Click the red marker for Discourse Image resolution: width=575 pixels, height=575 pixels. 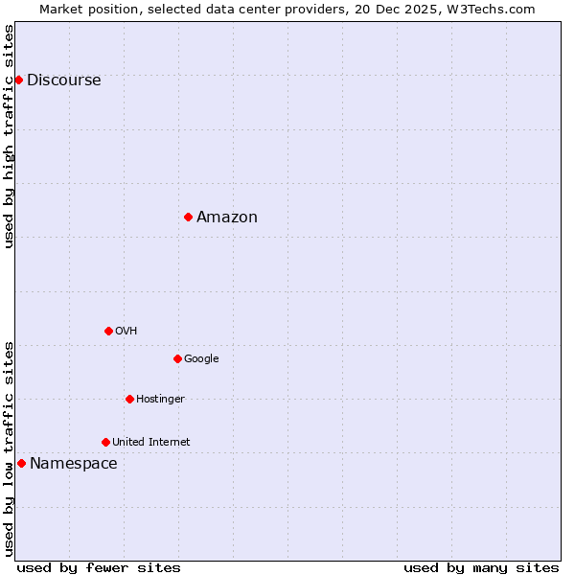click(18, 80)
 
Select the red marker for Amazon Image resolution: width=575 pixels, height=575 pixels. click(188, 217)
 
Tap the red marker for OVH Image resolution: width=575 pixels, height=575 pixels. click(108, 331)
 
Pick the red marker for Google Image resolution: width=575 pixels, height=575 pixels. click(177, 358)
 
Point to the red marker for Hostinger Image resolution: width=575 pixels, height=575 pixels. click(129, 399)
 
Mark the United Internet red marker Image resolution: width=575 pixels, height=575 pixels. click(105, 442)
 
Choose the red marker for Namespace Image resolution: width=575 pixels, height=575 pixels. click(21, 463)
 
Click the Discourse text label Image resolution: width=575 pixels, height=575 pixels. click(63, 80)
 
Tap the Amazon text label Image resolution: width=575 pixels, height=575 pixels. click(227, 218)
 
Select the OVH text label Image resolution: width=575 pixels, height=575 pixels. click(126, 332)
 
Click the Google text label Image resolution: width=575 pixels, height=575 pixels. click(201, 359)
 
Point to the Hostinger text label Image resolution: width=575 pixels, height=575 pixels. click(160, 400)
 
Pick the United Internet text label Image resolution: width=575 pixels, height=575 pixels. click(150, 443)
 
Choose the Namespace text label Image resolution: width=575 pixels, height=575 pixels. click(74, 464)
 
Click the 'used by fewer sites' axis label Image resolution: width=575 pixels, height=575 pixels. click(99, 567)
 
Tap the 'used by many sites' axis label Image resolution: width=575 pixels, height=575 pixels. click(481, 567)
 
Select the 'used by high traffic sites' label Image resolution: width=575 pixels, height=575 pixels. click(10, 136)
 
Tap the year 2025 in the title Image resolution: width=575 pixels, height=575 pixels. click(412, 9)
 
